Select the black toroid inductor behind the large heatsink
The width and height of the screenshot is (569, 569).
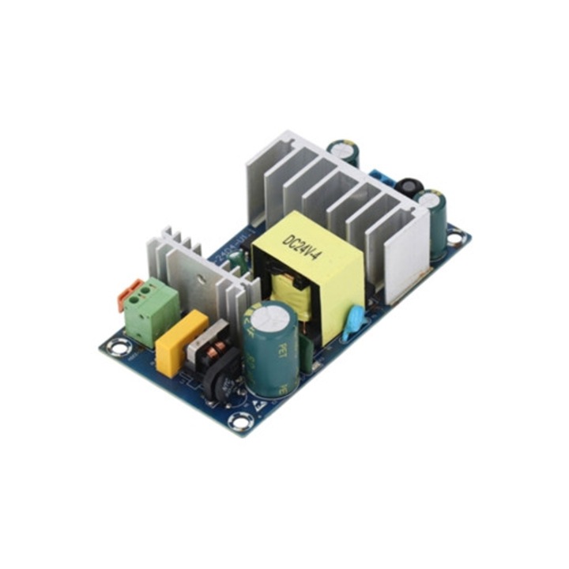(x=409, y=187)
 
